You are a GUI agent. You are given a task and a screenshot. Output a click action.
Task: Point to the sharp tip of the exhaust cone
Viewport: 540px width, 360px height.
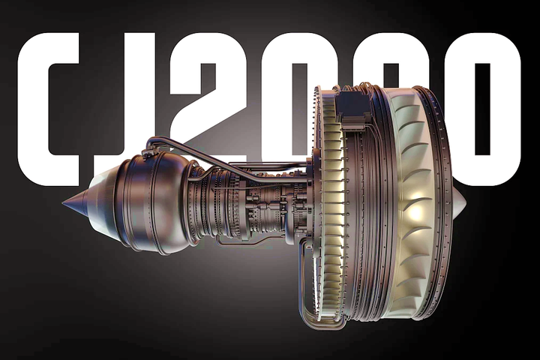(x=63, y=203)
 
